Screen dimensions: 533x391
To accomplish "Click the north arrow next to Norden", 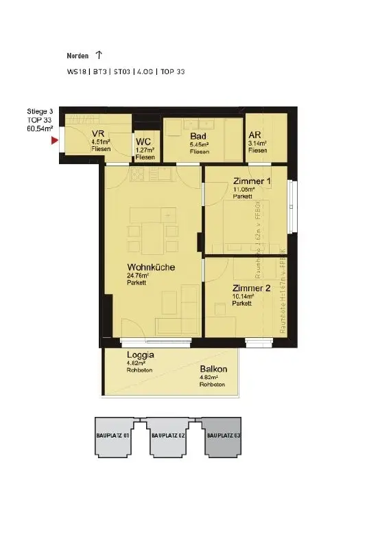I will pyautogui.click(x=99, y=55).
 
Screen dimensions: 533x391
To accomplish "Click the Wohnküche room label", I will pyautogui.click(x=150, y=267).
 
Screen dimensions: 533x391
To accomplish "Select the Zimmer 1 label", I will pyautogui.click(x=252, y=181).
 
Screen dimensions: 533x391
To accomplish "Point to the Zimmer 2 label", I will pyautogui.click(x=251, y=288).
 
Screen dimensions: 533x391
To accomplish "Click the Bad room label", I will pyautogui.click(x=198, y=136).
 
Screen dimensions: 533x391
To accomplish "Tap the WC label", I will pyautogui.click(x=143, y=141).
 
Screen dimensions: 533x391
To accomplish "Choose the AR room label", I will pyautogui.click(x=255, y=135).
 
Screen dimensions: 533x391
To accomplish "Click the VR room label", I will pyautogui.click(x=97, y=134).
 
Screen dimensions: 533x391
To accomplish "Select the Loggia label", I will pyautogui.click(x=141, y=355).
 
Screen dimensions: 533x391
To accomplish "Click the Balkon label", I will pyautogui.click(x=214, y=369).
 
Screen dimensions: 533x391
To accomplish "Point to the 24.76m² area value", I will pyautogui.click(x=138, y=275).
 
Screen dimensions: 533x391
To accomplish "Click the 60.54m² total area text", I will pyautogui.click(x=40, y=128).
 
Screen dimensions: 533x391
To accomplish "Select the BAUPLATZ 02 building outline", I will pyautogui.click(x=168, y=437).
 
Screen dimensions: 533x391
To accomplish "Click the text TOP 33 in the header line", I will pyautogui.click(x=173, y=71).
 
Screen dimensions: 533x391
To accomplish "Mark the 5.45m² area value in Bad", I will pyautogui.click(x=200, y=144).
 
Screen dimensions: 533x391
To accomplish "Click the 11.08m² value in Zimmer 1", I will pyautogui.click(x=244, y=189).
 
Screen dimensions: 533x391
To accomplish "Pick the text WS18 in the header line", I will pyautogui.click(x=76, y=71).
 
